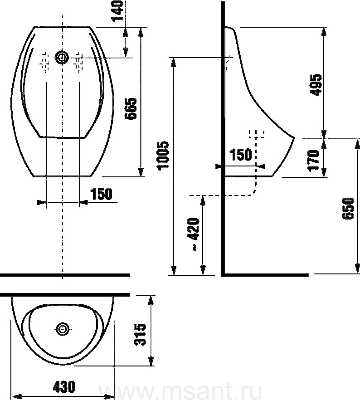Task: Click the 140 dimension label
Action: click(x=117, y=11)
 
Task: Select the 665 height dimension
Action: click(x=131, y=108)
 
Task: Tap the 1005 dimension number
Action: click(x=163, y=156)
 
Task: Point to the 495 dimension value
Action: click(x=316, y=85)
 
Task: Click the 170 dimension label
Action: click(x=313, y=161)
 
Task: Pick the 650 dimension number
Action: click(x=348, y=208)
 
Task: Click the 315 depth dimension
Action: click(x=140, y=334)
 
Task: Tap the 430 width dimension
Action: click(x=64, y=386)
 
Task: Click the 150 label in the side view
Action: click(x=241, y=155)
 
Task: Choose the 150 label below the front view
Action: click(x=101, y=194)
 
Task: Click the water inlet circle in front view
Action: click(x=62, y=58)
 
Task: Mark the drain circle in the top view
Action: click(x=63, y=329)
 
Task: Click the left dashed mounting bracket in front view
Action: click(x=45, y=63)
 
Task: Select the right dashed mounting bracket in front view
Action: click(x=78, y=63)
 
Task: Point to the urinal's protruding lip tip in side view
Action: click(x=294, y=138)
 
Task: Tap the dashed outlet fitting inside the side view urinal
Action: click(x=257, y=134)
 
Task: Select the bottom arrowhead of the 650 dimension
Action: click(x=357, y=268)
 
